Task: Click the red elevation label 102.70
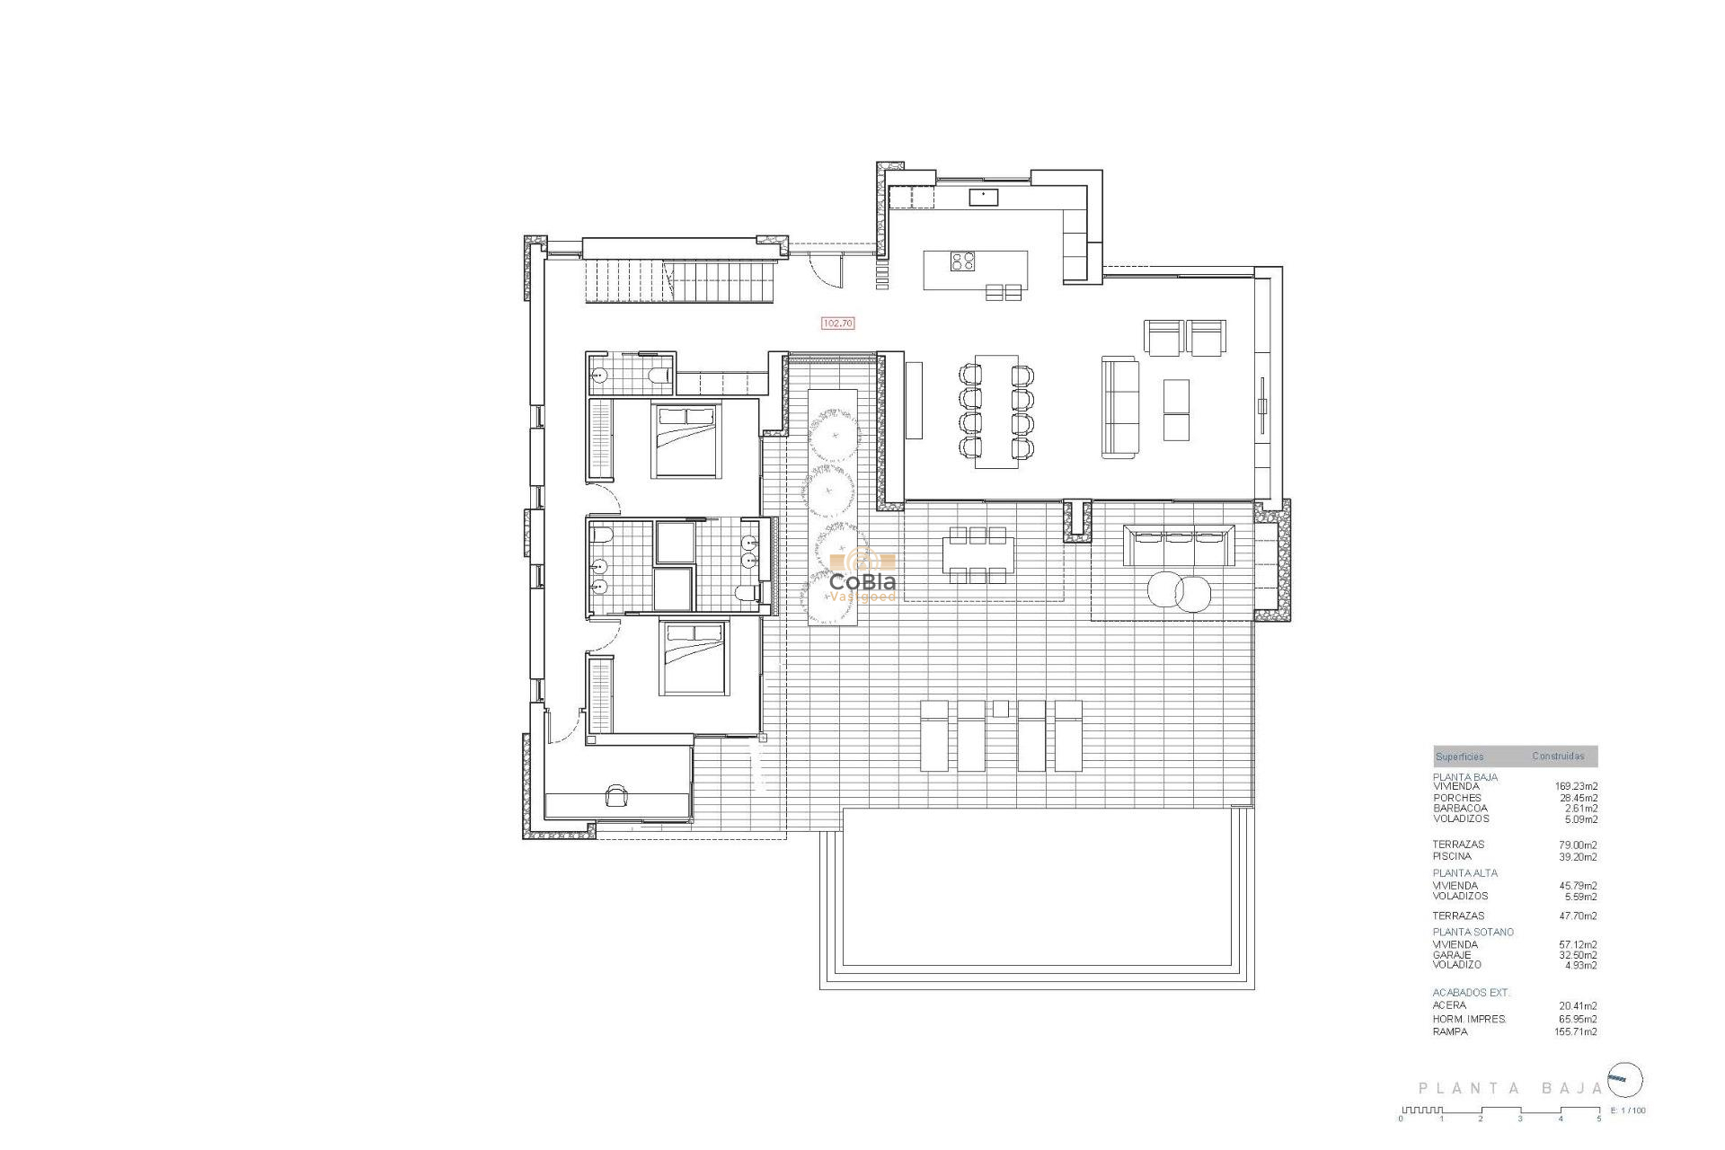837,323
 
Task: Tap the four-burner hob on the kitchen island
963,261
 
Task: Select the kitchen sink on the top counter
983,196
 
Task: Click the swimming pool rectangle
1037,898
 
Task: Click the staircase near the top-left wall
679,281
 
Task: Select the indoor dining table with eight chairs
996,411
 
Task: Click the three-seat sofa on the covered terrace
1179,545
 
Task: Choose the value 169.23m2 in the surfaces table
1576,786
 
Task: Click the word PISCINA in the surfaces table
1452,856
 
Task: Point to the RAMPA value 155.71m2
1576,1032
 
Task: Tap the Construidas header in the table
1559,756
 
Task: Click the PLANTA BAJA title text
1510,1088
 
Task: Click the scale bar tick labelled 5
1598,1119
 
